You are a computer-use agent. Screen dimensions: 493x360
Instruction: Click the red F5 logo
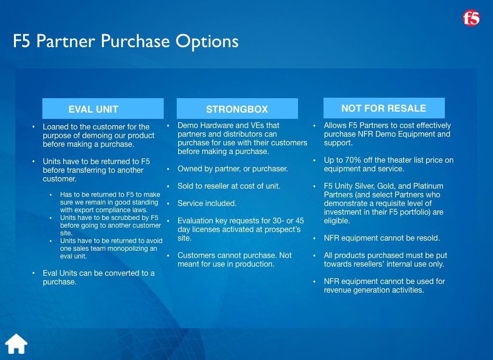(471, 18)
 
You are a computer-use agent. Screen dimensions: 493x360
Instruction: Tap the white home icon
(16, 344)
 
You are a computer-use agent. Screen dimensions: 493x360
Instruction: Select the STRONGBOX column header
(237, 108)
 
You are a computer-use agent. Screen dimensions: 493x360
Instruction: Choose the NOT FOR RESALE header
(384, 108)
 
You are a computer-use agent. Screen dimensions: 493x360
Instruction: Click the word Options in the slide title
(207, 41)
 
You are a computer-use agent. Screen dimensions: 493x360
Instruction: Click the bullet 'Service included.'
(207, 204)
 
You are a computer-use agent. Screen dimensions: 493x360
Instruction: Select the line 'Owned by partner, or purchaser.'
(233, 169)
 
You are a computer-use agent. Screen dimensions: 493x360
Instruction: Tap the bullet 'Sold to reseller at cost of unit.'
(229, 186)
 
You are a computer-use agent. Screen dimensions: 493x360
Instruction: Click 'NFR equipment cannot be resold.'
(382, 238)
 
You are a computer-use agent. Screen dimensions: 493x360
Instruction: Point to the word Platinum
(428, 186)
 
